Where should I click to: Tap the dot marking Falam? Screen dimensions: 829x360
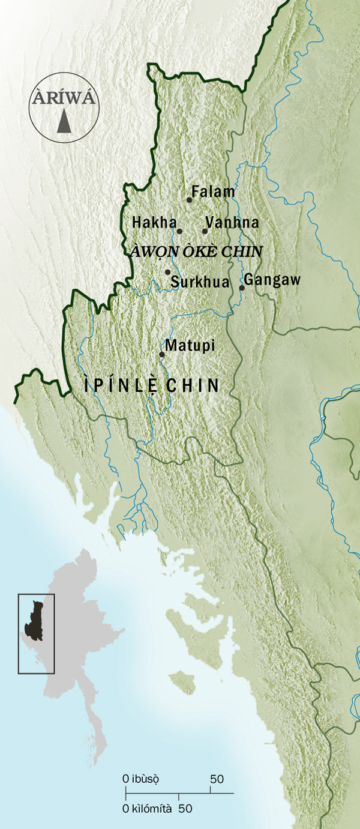tap(189, 200)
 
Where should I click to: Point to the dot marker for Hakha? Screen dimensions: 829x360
tap(179, 231)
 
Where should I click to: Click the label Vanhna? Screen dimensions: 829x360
tap(232, 223)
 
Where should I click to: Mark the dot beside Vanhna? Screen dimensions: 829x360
tap(205, 231)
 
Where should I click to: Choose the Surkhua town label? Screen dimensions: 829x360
tap(200, 281)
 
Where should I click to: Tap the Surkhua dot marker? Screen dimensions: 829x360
tap(168, 272)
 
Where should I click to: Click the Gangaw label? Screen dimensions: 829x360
tap(272, 280)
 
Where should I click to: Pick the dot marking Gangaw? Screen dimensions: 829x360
tap(242, 288)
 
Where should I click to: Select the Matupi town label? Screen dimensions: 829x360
tap(190, 346)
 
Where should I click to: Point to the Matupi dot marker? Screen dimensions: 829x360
tap(162, 354)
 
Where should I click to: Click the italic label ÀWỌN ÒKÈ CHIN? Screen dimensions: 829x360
tap(197, 252)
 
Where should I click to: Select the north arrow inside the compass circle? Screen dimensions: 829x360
tap(64, 122)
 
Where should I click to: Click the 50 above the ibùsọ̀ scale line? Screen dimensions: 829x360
tap(217, 779)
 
